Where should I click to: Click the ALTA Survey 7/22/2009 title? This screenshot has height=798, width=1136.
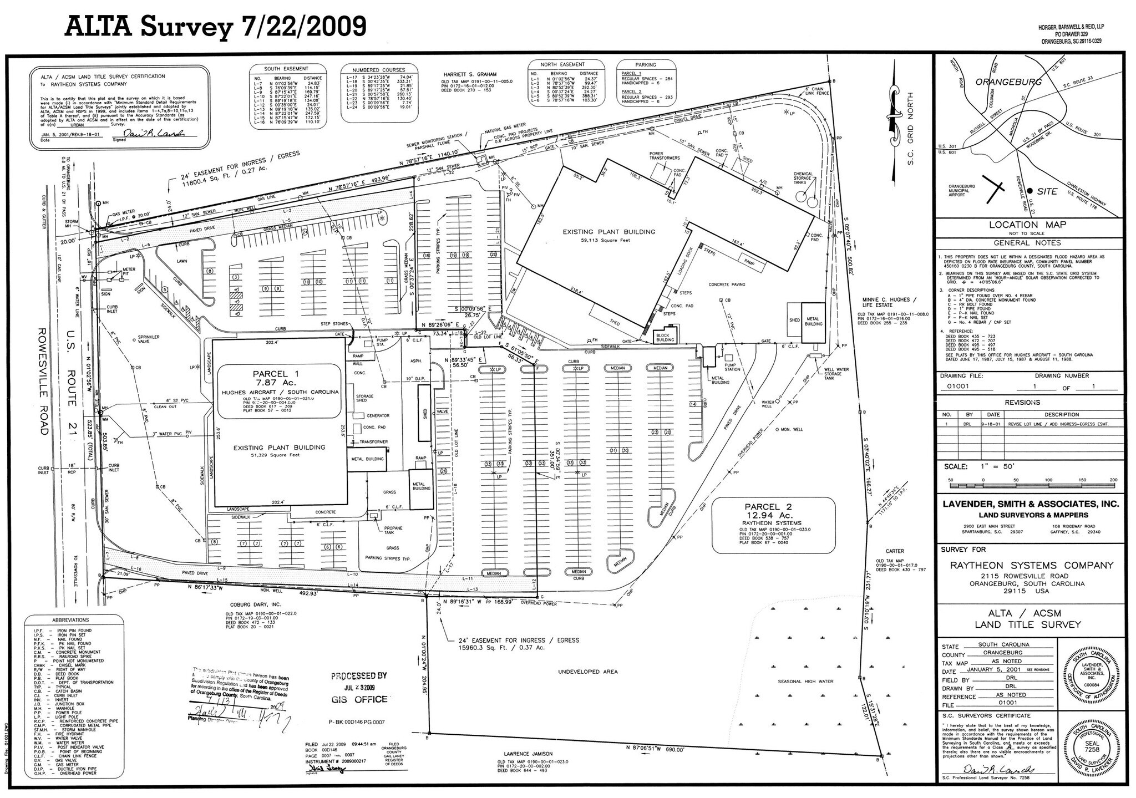click(216, 26)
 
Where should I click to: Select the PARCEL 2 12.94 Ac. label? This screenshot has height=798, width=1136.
click(773, 511)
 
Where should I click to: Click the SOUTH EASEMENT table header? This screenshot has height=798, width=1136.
click(286, 69)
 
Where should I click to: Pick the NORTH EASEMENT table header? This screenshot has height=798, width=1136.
click(565, 64)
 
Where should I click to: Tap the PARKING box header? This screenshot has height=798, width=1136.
click(645, 65)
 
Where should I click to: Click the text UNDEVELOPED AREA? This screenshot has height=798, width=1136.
click(587, 672)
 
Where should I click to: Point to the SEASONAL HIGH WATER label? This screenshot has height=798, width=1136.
click(805, 682)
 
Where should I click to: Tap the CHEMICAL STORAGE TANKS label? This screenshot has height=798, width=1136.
click(803, 178)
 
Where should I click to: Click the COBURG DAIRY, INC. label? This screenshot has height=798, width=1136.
click(253, 604)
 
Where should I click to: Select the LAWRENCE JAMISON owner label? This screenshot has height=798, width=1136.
click(528, 754)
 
